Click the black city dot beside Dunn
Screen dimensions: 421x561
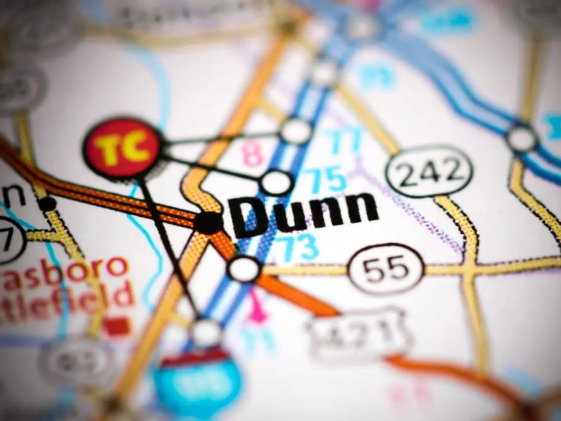[x=208, y=222]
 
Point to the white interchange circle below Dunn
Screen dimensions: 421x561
[x=244, y=269]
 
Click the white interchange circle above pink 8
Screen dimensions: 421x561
[x=296, y=131]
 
